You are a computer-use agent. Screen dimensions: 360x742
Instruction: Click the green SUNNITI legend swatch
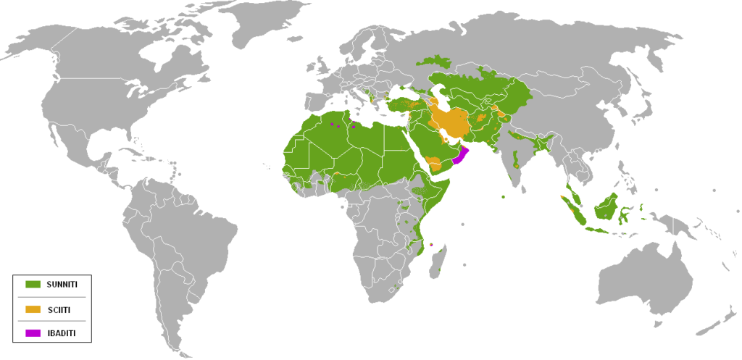click(x=33, y=285)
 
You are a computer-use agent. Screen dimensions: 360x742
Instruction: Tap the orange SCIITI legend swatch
click(x=33, y=309)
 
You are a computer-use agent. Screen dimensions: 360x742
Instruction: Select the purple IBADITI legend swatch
click(x=33, y=333)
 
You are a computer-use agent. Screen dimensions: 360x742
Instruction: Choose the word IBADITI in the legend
click(x=60, y=333)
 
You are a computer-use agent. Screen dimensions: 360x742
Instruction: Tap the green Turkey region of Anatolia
click(x=402, y=104)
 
